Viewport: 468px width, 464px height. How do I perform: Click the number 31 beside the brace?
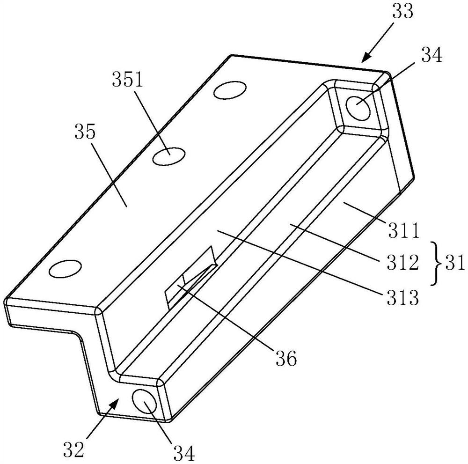coord(453,263)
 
